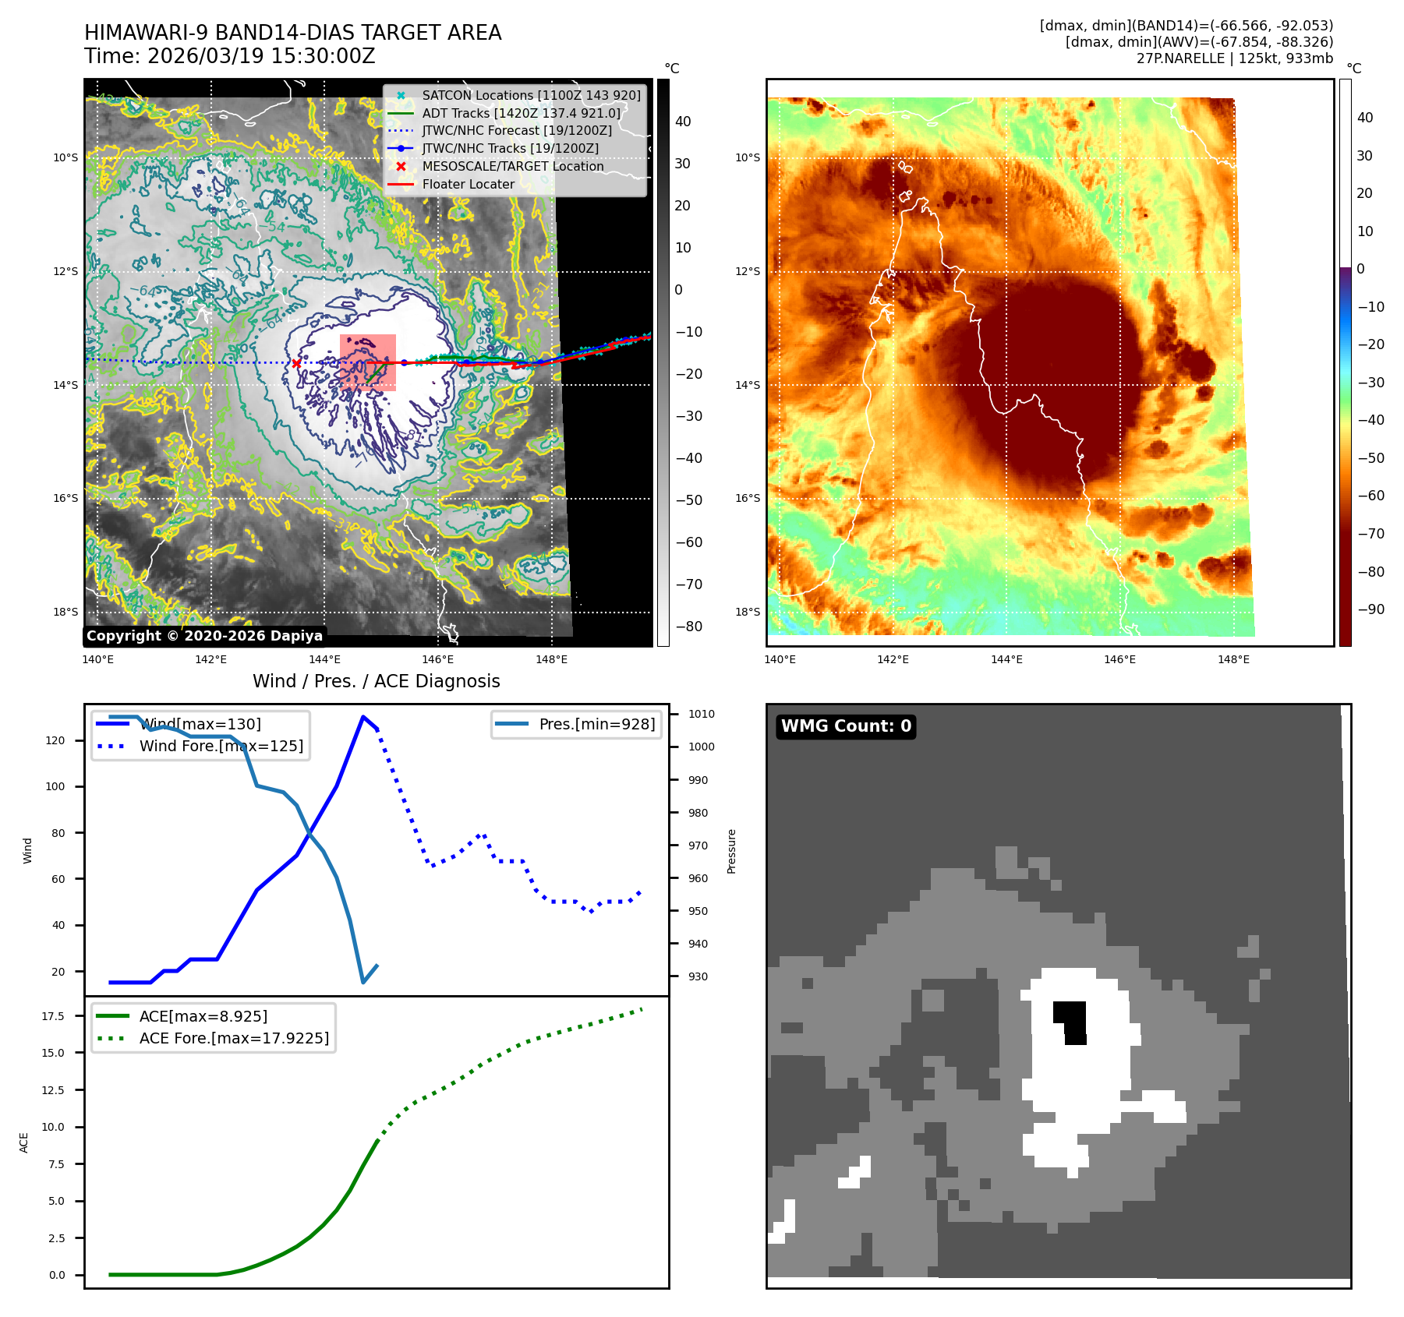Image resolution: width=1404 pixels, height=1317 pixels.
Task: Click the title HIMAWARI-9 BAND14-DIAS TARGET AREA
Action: click(x=292, y=33)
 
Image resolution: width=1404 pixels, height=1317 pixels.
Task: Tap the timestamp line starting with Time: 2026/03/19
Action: click(x=230, y=56)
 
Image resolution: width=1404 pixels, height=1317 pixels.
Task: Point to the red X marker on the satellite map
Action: click(x=296, y=363)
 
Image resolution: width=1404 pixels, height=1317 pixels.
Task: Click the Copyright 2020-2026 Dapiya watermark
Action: click(x=204, y=636)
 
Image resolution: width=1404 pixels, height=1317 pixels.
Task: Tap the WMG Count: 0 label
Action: click(x=846, y=726)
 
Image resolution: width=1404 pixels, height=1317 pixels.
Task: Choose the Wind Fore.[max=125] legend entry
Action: click(x=221, y=746)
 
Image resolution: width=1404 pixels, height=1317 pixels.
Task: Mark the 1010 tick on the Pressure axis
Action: click(x=701, y=714)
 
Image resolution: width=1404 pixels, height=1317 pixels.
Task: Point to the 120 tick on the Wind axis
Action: click(x=55, y=740)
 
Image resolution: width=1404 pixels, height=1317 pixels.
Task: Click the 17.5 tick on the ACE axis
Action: click(x=53, y=1016)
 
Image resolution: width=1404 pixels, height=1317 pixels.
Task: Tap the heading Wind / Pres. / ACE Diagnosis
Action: click(x=376, y=681)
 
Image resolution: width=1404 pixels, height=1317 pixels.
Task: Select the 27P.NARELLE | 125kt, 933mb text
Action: click(x=1234, y=58)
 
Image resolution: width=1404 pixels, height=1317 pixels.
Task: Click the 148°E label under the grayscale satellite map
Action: click(x=551, y=659)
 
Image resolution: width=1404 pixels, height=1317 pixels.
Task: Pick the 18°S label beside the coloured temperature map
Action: click(x=747, y=612)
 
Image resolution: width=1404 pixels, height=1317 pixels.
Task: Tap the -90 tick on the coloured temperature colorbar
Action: click(x=1370, y=609)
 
